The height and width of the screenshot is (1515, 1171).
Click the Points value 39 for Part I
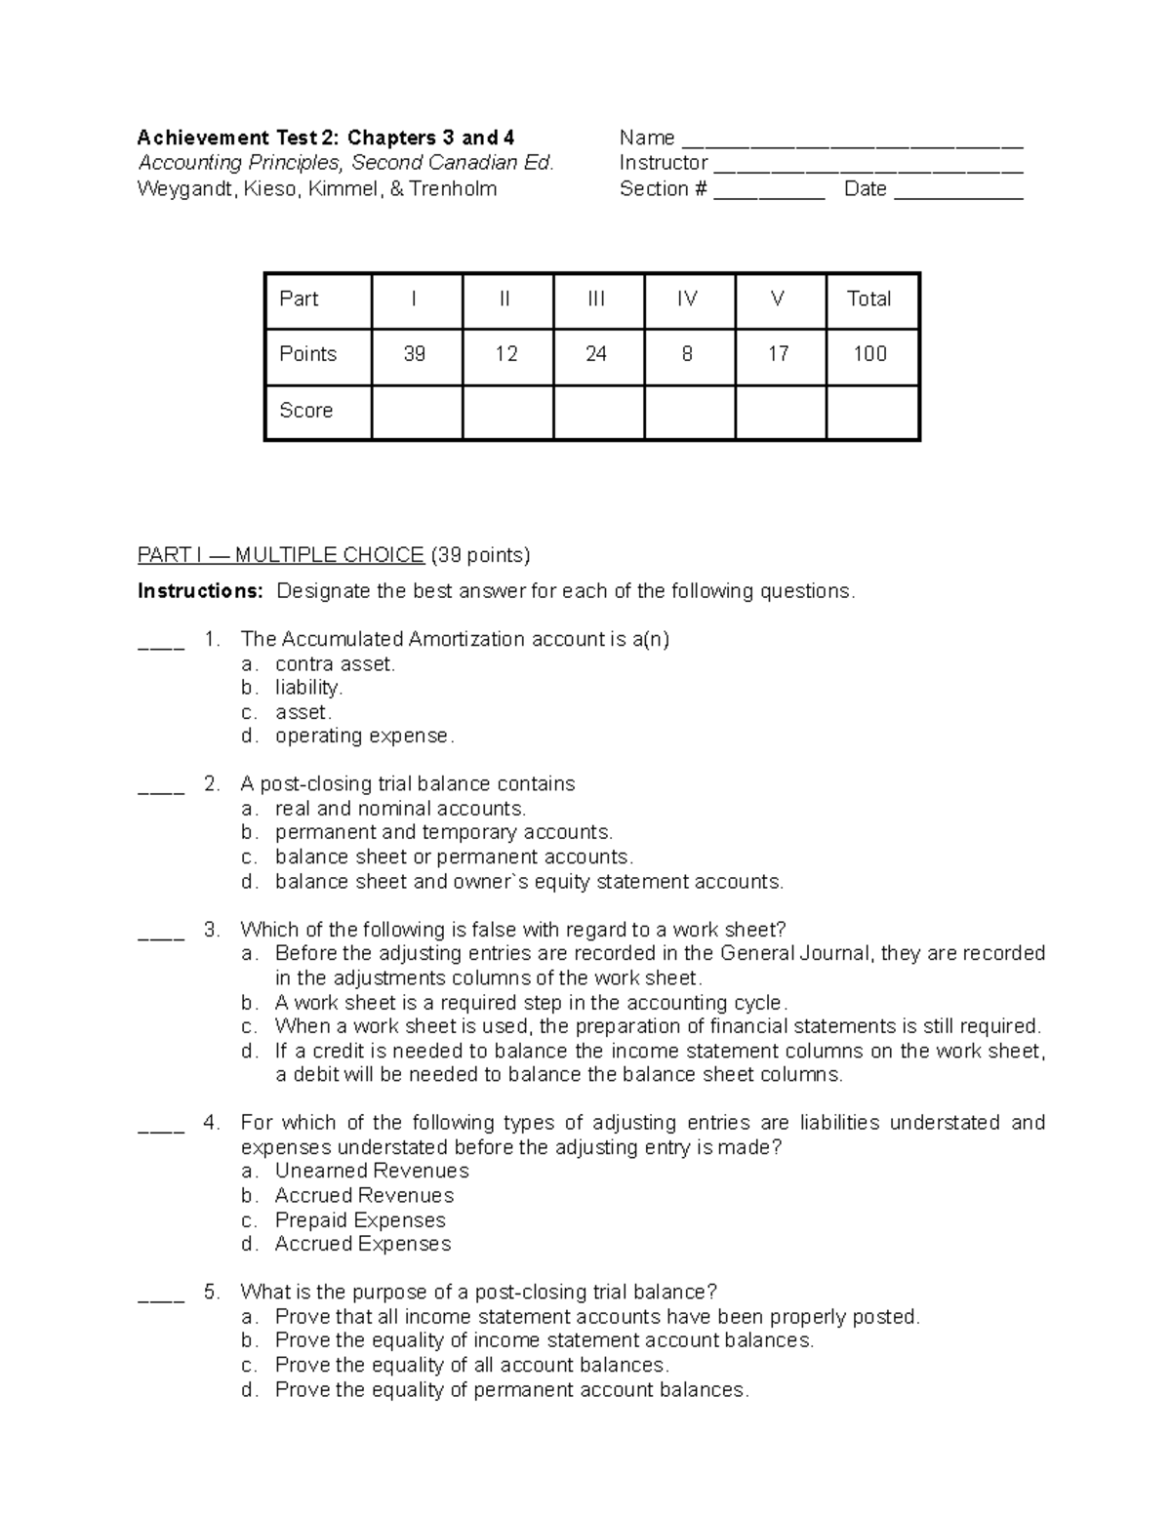pos(415,354)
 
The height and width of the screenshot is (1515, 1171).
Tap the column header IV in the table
pos(687,299)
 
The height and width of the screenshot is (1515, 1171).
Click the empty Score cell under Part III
pos(597,411)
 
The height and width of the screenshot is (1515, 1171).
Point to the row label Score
pos(306,411)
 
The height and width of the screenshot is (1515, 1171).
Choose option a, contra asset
pos(335,664)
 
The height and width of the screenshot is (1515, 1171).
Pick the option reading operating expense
pos(364,737)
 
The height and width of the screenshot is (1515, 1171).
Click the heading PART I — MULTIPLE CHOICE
pos(281,556)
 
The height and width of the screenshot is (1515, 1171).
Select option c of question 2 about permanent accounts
pos(454,857)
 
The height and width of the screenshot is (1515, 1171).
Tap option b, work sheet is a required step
pos(531,1003)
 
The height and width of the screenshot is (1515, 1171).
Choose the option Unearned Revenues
pos(372,1172)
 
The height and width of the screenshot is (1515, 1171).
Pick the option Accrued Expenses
pos(363,1244)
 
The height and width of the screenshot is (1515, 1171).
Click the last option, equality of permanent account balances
pos(511,1390)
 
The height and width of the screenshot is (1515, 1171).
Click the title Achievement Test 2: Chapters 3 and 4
pos(326,138)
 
